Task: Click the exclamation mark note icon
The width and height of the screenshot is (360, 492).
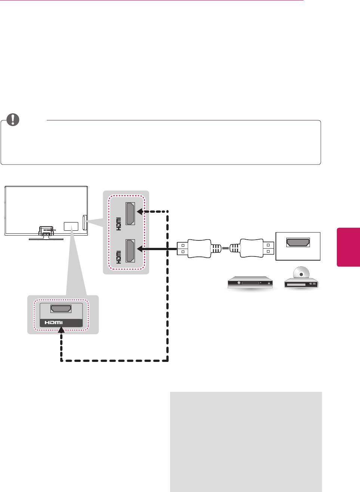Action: coord(13,119)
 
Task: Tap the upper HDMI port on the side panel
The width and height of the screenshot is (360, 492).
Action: coord(130,213)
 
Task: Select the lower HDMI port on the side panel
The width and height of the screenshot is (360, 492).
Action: coord(130,250)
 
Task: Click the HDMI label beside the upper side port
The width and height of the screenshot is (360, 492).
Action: coord(119,224)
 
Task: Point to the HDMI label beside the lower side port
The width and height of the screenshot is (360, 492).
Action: coord(119,257)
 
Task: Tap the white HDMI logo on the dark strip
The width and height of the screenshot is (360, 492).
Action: coord(54,323)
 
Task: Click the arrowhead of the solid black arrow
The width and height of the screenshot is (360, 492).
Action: coord(141,248)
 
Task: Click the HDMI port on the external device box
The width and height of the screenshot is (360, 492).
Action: coord(298,243)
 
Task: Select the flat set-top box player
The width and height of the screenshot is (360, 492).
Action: coord(250,282)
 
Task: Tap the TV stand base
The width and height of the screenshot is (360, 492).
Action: coord(46,238)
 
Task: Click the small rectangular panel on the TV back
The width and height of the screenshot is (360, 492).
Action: coord(71,226)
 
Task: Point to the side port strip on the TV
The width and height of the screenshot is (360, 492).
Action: coord(84,222)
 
